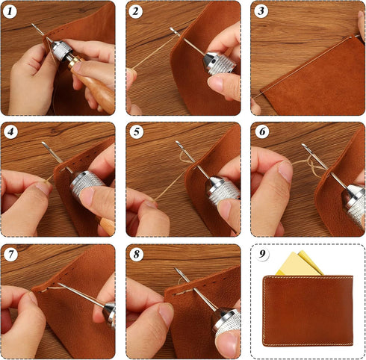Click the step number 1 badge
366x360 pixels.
(10, 10)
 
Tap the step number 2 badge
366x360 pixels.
(135, 10)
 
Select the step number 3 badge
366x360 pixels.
(260, 10)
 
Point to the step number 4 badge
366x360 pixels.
(10, 132)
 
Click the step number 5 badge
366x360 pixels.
(135, 132)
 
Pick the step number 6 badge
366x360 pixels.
(260, 132)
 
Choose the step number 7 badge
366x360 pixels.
(10, 254)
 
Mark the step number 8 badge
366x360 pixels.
(135, 254)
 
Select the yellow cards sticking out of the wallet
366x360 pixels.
(298, 264)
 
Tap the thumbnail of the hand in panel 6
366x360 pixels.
(285, 172)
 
